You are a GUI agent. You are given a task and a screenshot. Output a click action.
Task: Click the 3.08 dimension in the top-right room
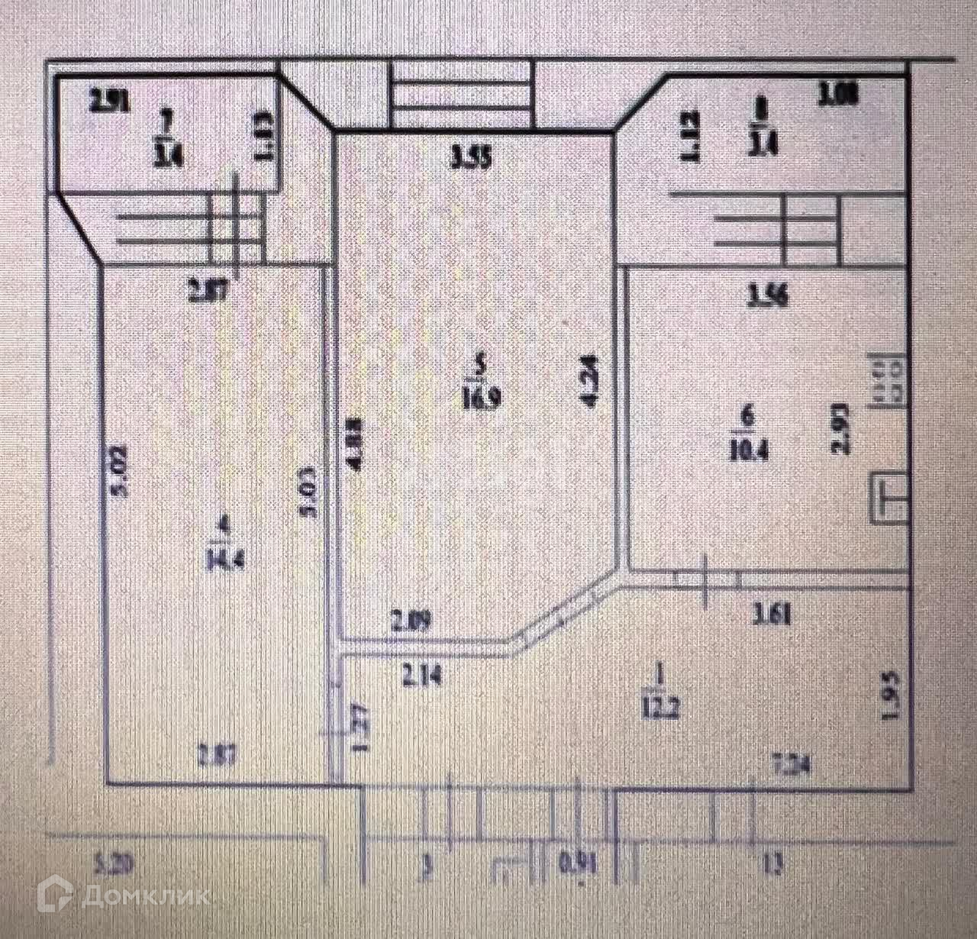click(x=839, y=95)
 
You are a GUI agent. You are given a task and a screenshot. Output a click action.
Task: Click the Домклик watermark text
click(x=144, y=895)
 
